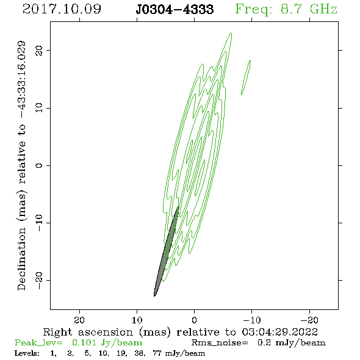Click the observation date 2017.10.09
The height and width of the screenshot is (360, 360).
(x=62, y=9)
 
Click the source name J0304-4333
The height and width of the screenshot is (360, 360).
(x=175, y=9)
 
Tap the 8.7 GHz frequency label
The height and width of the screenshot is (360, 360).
(x=309, y=9)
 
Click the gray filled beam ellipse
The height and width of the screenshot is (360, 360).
(x=166, y=251)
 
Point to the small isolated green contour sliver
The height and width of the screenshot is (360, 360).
(x=246, y=77)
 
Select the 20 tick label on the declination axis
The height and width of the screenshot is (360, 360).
(x=39, y=50)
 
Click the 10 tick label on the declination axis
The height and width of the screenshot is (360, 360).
(x=39, y=107)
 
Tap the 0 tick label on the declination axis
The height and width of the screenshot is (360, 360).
(x=39, y=165)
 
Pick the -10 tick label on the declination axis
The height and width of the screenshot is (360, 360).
(x=39, y=223)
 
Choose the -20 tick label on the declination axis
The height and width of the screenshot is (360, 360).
(x=39, y=280)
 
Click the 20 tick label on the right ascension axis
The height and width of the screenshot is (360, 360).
(x=79, y=320)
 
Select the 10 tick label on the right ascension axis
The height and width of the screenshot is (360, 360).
(x=137, y=320)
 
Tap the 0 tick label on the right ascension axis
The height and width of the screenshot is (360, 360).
(x=194, y=320)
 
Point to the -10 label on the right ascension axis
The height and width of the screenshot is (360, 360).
(x=252, y=320)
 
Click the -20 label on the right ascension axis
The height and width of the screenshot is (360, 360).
(x=309, y=320)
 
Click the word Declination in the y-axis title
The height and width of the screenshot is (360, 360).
(x=21, y=259)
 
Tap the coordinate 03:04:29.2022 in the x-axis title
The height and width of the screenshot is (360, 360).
(x=280, y=332)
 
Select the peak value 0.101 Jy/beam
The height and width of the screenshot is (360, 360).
(x=107, y=343)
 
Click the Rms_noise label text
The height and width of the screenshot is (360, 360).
(x=220, y=343)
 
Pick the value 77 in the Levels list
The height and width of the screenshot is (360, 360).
(x=157, y=353)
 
